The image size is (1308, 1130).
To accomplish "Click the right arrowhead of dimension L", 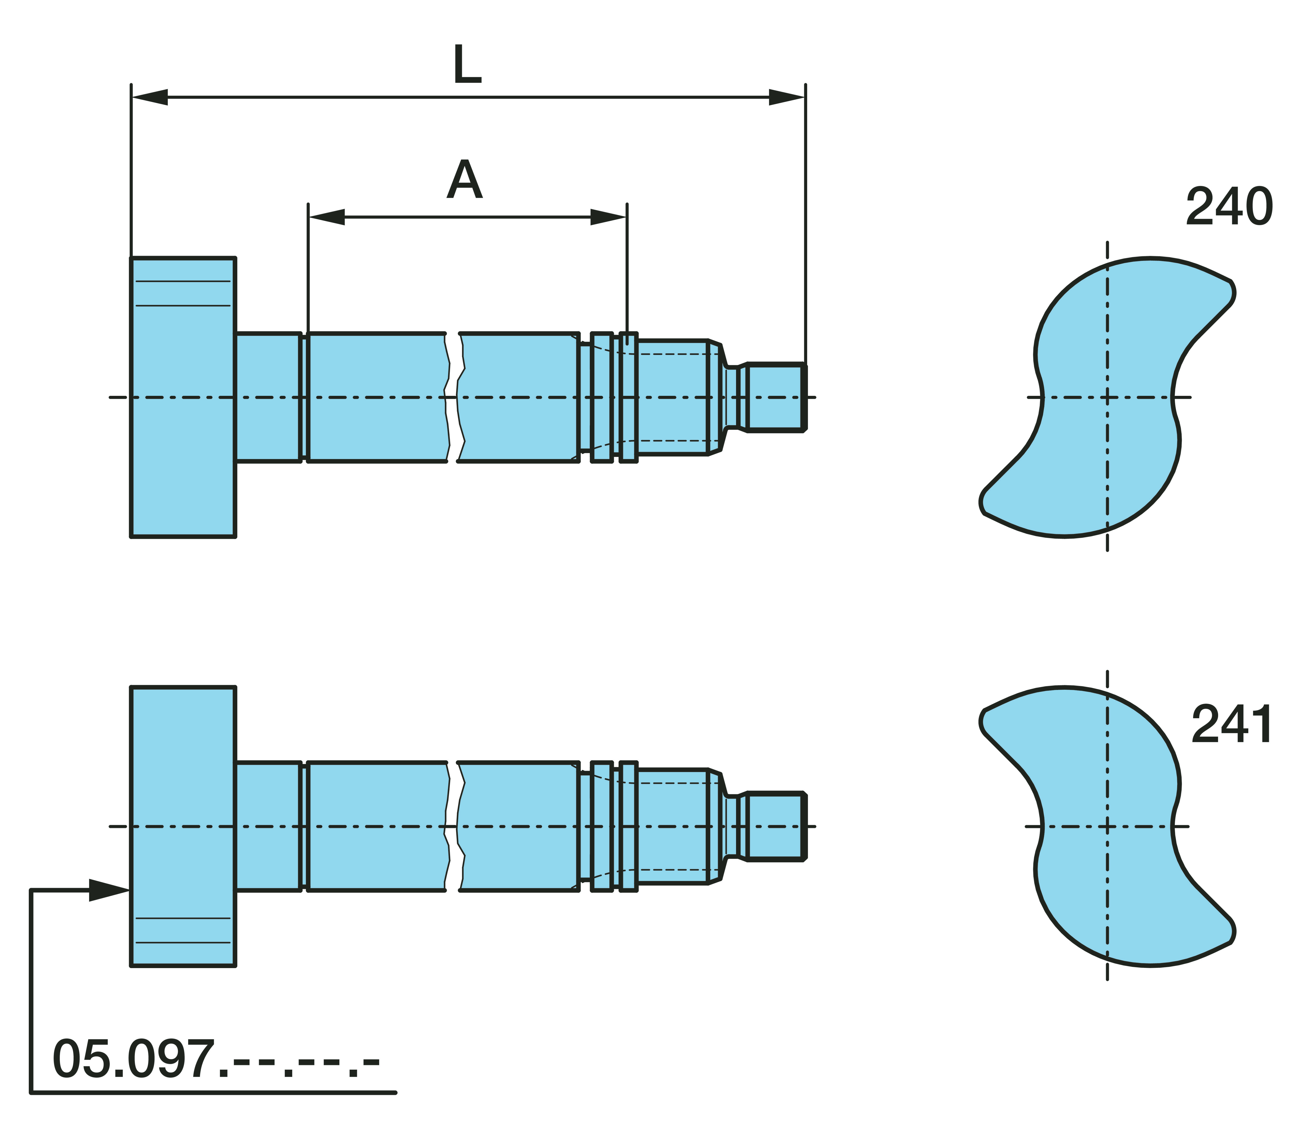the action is (786, 97).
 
